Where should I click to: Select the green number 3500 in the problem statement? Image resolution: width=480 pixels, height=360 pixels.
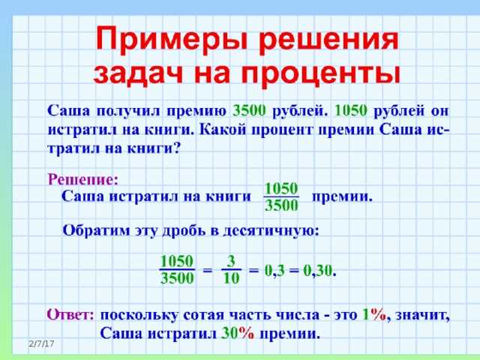[250, 109]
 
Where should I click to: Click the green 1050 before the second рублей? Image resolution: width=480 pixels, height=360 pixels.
[351, 109]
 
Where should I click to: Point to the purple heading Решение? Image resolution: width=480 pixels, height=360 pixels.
[83, 180]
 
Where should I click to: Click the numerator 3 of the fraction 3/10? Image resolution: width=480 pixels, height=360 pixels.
[232, 260]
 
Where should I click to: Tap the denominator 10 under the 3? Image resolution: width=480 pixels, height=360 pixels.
[232, 279]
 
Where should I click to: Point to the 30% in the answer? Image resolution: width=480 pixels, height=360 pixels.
[238, 334]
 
